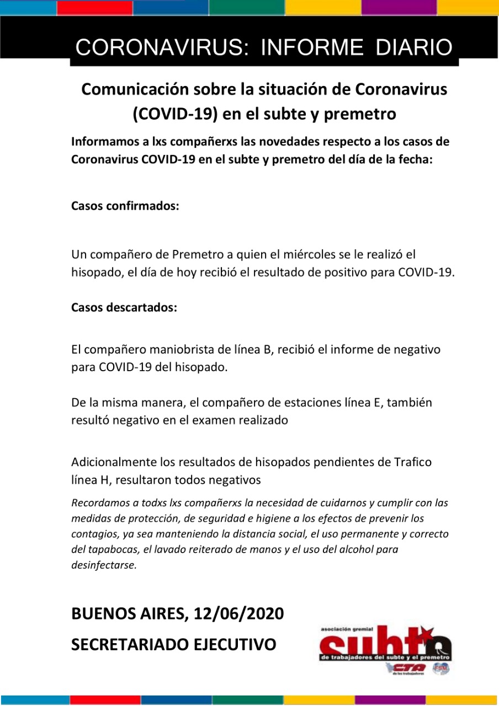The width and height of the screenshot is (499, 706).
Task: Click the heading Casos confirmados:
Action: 125,206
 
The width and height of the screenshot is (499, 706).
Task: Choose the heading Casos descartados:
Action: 124,307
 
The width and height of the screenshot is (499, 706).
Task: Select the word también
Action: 407,403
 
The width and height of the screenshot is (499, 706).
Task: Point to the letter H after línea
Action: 103,480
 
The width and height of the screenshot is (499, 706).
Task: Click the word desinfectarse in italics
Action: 104,565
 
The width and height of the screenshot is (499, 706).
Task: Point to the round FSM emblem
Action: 442,668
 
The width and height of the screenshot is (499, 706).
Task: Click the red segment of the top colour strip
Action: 94,8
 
